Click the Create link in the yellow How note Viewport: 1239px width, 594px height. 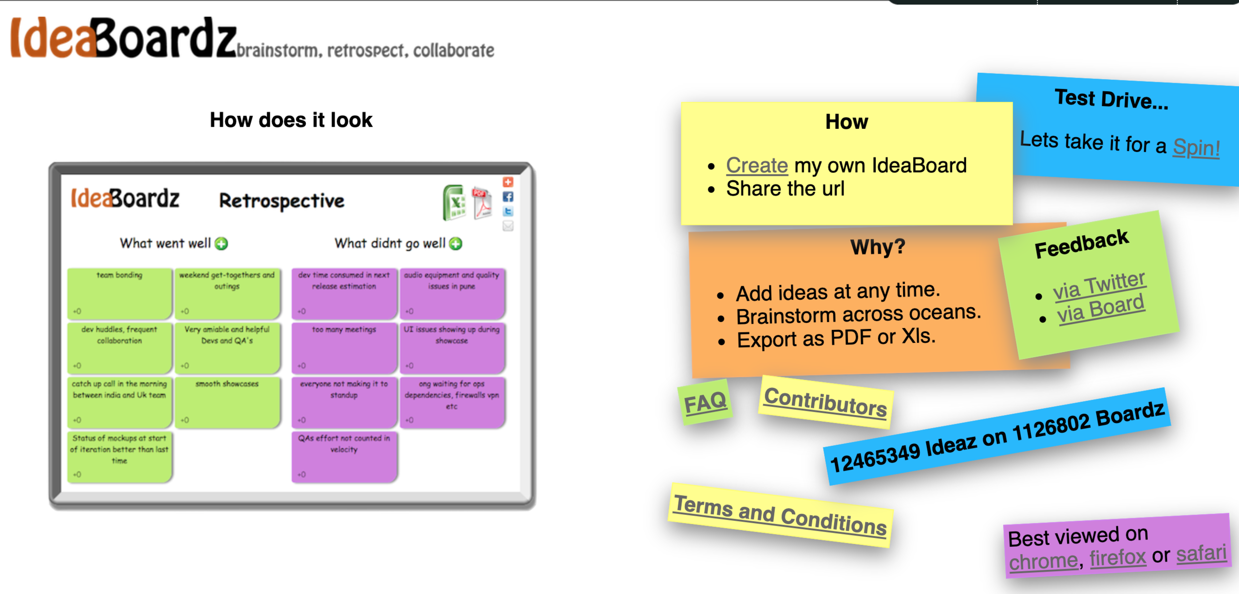point(757,165)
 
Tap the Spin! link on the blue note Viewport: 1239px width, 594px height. point(1196,148)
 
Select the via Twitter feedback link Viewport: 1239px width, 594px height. point(1099,286)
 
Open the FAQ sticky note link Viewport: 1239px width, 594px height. point(705,402)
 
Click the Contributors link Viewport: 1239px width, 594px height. point(825,402)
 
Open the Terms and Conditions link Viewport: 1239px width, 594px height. point(780,516)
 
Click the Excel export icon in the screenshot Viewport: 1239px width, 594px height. point(454,203)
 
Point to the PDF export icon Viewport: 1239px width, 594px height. point(482,203)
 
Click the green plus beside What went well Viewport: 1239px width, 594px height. point(222,244)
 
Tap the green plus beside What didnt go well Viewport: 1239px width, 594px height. point(455,244)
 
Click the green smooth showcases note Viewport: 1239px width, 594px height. point(227,402)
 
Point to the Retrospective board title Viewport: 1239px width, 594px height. point(282,201)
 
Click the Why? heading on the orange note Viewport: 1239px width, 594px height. point(878,247)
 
